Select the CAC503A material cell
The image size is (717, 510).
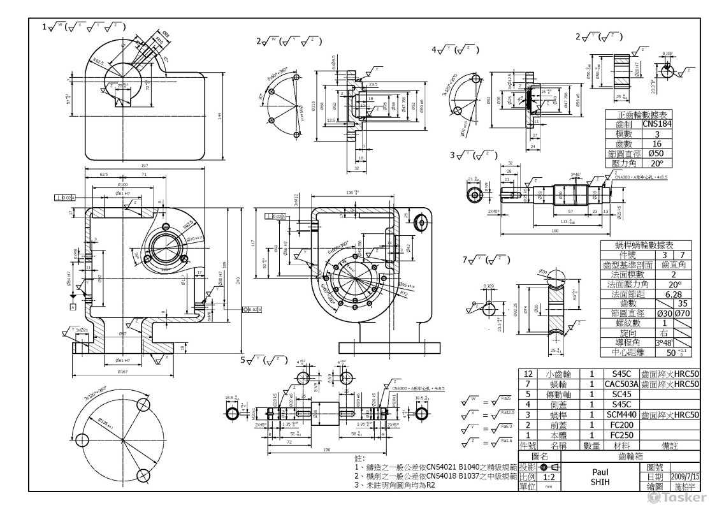tap(621, 384)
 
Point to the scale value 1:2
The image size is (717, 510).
tap(547, 476)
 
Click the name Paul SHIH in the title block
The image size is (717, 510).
tap(598, 477)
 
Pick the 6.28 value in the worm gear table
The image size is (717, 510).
tap(674, 294)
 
